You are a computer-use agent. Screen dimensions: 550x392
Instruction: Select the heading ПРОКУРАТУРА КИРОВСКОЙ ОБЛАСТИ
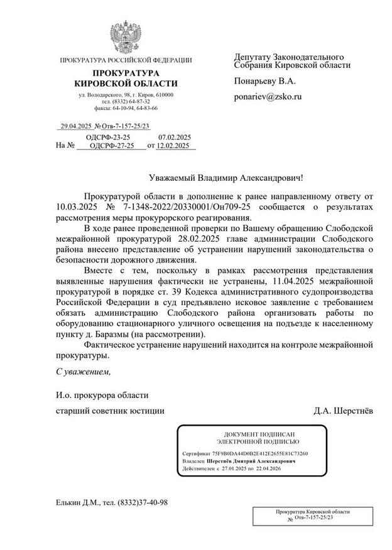(x=126, y=78)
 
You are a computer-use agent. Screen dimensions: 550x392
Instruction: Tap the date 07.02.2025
(x=175, y=136)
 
